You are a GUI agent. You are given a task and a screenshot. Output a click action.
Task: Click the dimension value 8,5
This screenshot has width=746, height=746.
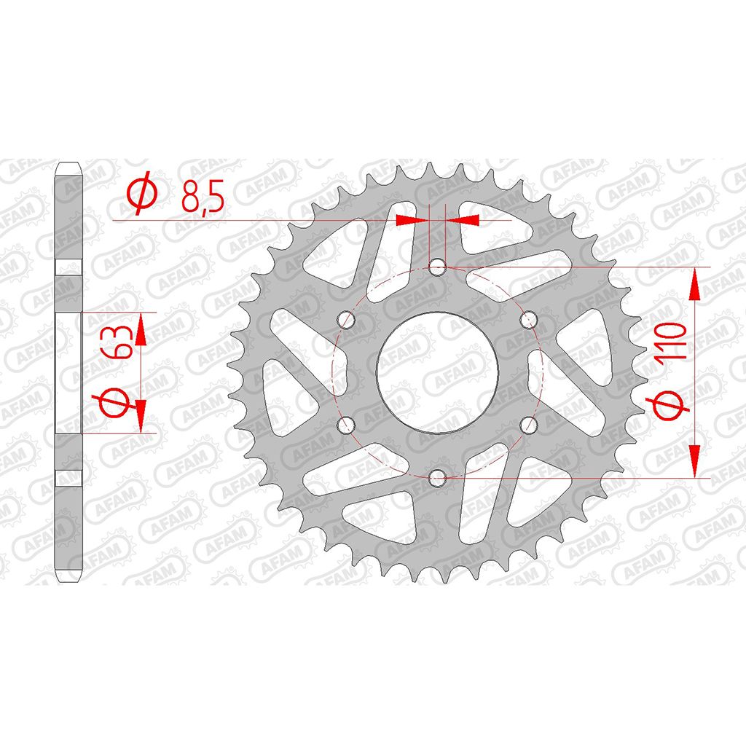pyautogui.click(x=203, y=195)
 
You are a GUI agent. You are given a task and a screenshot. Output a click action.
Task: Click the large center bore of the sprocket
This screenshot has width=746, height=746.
pyautogui.click(x=437, y=372)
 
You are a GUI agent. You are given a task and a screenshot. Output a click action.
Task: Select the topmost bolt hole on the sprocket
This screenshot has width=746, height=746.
pyautogui.click(x=437, y=267)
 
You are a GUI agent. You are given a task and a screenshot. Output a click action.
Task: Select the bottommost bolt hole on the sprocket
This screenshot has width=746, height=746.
pyautogui.click(x=437, y=477)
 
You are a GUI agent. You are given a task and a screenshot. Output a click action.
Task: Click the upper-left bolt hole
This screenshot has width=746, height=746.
pyautogui.click(x=346, y=320)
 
